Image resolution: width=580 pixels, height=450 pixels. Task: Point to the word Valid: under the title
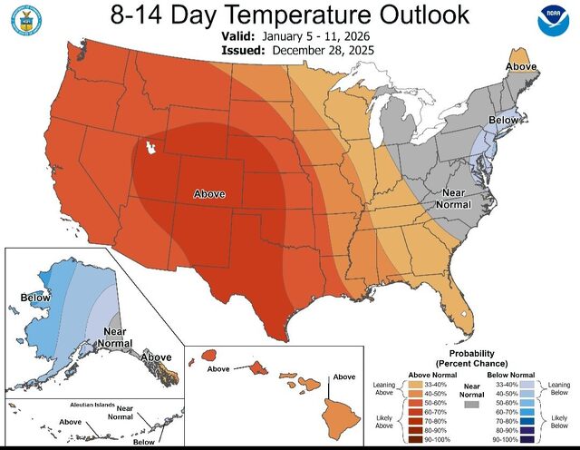239,36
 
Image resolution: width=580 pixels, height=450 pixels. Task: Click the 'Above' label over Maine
520,66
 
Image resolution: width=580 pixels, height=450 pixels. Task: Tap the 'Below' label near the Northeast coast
504,120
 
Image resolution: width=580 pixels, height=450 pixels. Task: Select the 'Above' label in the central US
209,193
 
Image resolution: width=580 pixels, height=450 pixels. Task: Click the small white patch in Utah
150,147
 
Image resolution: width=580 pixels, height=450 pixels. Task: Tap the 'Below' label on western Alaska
36,297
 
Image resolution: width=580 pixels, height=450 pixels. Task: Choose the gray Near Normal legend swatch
471,406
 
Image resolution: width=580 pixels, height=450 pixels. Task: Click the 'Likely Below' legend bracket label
559,422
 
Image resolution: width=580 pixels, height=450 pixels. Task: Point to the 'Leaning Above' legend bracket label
385,389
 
